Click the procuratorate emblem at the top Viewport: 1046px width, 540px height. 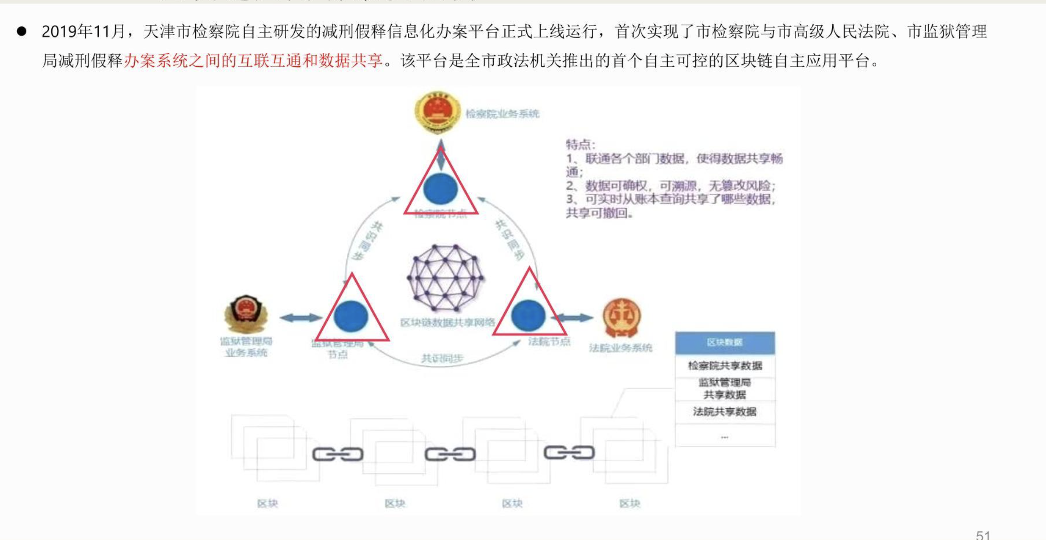tap(437, 112)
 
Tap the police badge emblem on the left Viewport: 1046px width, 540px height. tap(246, 314)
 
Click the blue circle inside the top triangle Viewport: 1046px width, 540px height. tap(440, 188)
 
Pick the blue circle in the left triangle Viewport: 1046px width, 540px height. tap(351, 316)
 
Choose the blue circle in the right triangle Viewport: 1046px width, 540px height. tap(528, 316)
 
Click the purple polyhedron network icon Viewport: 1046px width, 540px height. tap(446, 277)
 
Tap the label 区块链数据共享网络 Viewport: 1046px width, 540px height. tap(447, 322)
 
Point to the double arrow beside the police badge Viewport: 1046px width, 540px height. tap(301, 317)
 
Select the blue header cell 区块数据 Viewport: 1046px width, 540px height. tap(725, 342)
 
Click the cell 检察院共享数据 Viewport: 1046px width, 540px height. tap(725, 366)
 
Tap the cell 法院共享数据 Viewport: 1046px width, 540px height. tap(725, 411)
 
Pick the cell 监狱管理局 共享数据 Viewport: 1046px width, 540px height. tap(725, 388)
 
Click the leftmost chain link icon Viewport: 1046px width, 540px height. tap(338, 454)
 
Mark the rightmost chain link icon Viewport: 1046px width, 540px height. tap(569, 453)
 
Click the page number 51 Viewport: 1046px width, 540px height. tap(983, 534)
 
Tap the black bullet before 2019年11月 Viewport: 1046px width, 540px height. tap(22, 31)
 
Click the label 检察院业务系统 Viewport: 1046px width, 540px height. tap(502, 113)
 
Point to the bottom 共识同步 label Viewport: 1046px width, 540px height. tap(442, 359)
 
